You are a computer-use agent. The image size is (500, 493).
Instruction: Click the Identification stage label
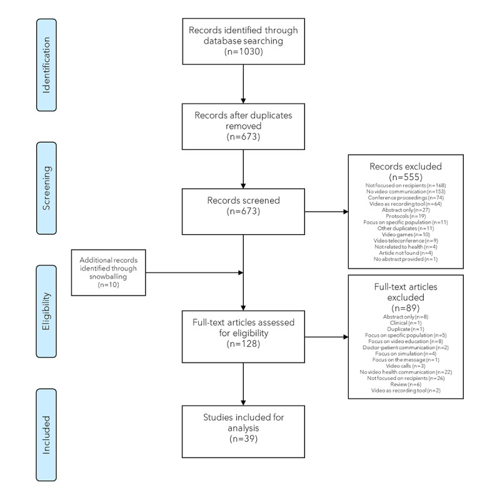pyautogui.click(x=46, y=56)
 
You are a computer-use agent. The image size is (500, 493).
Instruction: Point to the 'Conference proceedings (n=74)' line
pyautogui.click(x=406, y=196)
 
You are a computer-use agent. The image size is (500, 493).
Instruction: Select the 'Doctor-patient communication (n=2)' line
pyautogui.click(x=406, y=347)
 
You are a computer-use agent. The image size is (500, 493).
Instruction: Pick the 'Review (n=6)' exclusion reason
pyautogui.click(x=406, y=384)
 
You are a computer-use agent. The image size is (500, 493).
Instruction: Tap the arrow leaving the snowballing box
pyautogui.click(x=194, y=272)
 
